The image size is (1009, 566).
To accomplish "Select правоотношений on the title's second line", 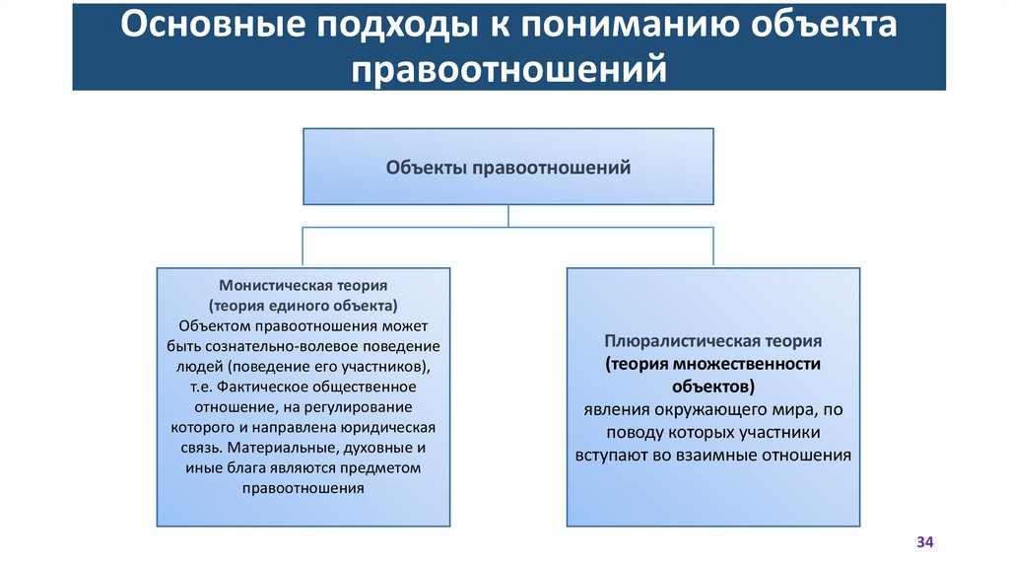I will pyautogui.click(x=508, y=69).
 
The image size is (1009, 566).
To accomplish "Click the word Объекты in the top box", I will pyautogui.click(x=428, y=168).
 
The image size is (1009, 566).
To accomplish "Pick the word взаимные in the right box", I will pyautogui.click(x=725, y=455).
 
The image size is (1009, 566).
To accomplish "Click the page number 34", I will pyautogui.click(x=924, y=542).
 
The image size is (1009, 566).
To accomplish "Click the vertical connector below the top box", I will pyautogui.click(x=508, y=216).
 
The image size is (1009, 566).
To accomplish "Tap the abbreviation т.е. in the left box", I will pyautogui.click(x=202, y=387).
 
